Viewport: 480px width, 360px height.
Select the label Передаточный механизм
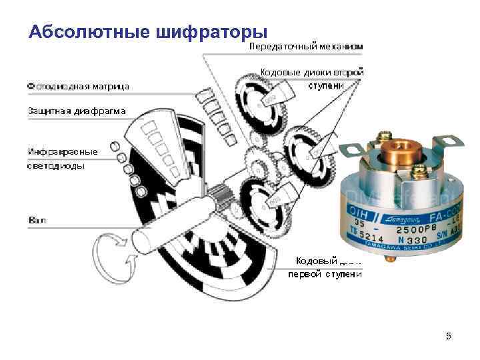click(x=307, y=47)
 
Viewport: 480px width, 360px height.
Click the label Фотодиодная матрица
click(x=78, y=86)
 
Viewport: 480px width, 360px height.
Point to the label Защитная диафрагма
click(x=76, y=110)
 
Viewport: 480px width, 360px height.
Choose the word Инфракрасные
click(x=63, y=151)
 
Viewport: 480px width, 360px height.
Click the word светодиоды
click(x=56, y=166)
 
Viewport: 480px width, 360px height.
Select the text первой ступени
click(x=325, y=274)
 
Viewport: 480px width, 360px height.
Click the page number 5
click(x=448, y=336)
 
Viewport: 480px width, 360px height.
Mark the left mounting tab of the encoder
click(x=351, y=149)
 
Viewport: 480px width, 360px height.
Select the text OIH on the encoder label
click(x=357, y=211)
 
